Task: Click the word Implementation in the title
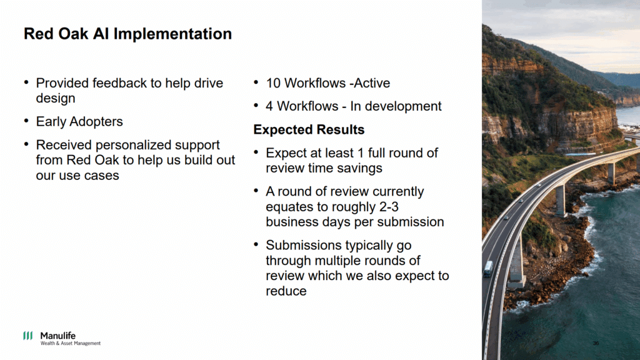[x=172, y=34]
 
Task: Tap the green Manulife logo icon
[x=27, y=336]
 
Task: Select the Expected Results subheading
[x=309, y=130]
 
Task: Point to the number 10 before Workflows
[x=273, y=83]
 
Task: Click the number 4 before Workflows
[x=269, y=106]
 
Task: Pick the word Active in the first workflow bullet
[x=372, y=83]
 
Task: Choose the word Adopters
[x=96, y=122]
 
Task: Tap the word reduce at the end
[x=286, y=291]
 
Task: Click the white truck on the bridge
[x=487, y=269]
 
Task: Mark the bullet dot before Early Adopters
[x=26, y=121]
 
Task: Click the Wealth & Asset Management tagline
[x=70, y=344]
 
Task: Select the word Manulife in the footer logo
[x=57, y=336]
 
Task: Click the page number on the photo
[x=596, y=343]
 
